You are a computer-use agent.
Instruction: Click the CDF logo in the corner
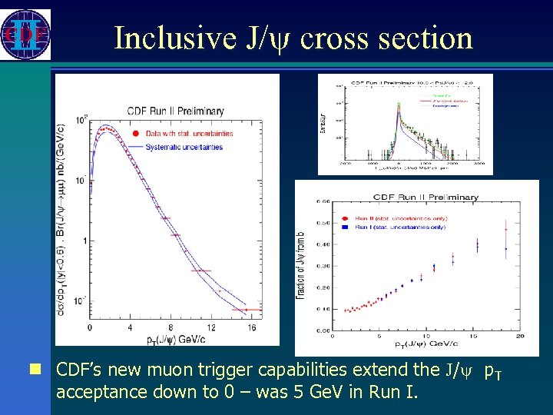click(x=25, y=35)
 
